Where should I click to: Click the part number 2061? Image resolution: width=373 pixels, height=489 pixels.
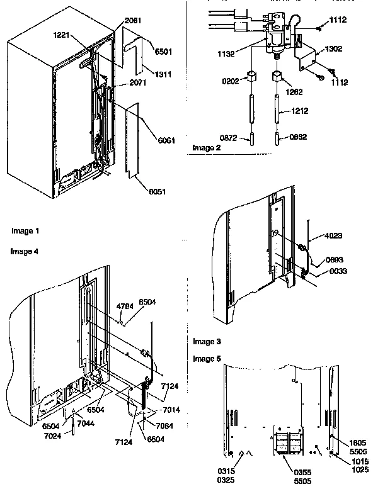point(133,21)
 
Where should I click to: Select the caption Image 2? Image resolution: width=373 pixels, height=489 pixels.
point(205,148)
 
